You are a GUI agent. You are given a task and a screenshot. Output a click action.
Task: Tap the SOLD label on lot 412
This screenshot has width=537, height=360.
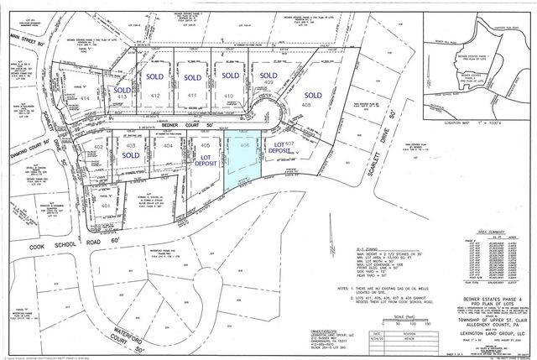point(155,76)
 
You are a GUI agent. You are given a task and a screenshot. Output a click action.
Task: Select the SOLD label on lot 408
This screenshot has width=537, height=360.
point(314,95)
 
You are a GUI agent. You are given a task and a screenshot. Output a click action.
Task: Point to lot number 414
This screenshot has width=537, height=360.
point(84,98)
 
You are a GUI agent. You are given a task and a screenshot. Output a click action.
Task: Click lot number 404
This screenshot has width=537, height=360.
point(168,146)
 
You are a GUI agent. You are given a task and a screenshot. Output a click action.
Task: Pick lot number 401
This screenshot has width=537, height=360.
point(105,205)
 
